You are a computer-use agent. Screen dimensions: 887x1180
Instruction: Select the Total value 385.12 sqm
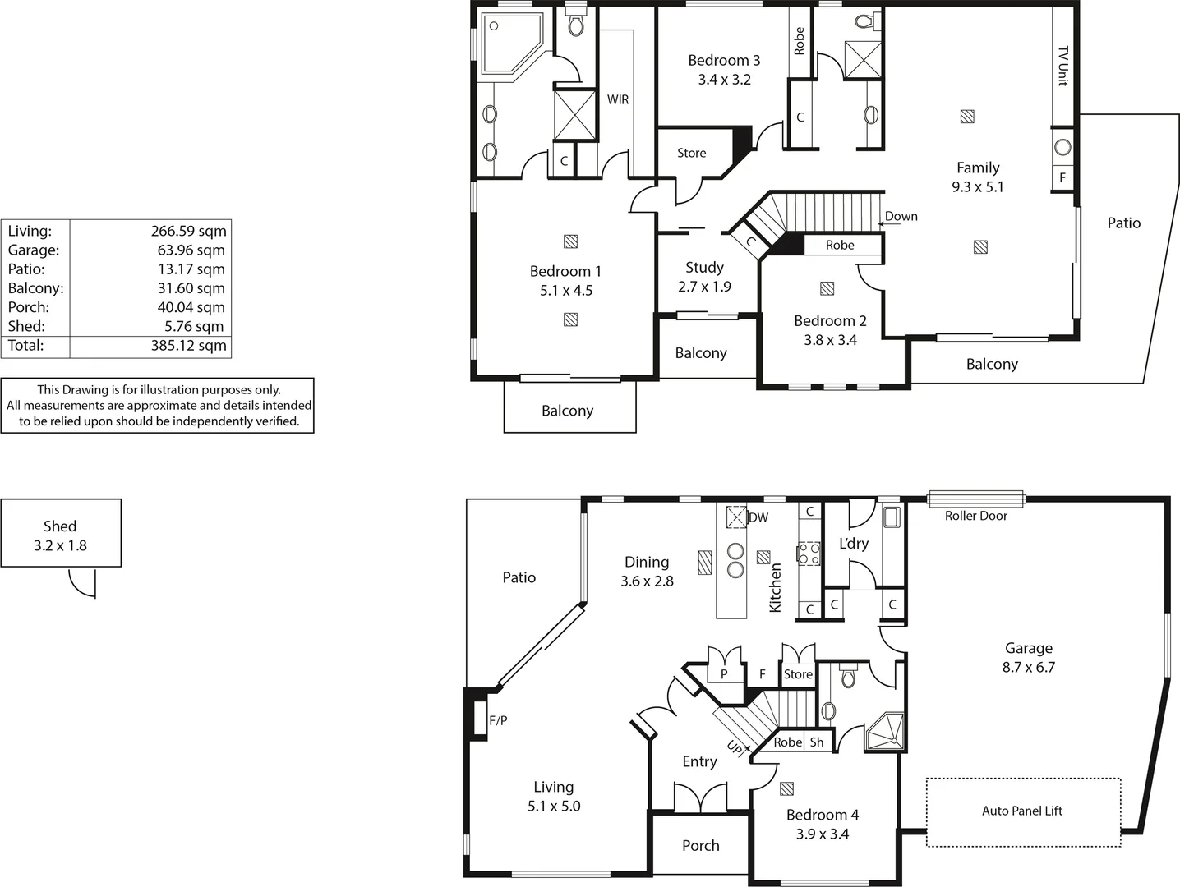(x=188, y=346)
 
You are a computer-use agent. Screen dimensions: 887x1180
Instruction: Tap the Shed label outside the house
(x=60, y=526)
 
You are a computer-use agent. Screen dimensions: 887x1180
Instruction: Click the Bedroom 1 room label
(x=565, y=272)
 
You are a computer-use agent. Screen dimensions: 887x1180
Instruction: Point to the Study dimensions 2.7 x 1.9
(x=704, y=287)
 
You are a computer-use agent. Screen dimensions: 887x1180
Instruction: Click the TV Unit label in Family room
(x=1062, y=65)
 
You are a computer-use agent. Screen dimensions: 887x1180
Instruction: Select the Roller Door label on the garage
(x=975, y=516)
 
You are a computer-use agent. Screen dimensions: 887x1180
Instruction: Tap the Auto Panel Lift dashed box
(x=1023, y=811)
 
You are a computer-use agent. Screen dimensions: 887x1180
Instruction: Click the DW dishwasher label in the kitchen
(x=758, y=517)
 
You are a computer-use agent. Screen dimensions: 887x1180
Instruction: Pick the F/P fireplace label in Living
(x=498, y=721)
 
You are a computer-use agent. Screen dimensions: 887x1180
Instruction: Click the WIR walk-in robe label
(x=618, y=99)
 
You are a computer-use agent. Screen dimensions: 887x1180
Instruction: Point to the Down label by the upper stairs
(x=901, y=217)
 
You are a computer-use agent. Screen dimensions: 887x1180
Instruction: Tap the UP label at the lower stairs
(x=735, y=747)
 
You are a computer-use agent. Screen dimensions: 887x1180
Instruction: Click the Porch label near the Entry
(x=700, y=846)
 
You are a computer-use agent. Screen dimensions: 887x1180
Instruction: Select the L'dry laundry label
(x=853, y=544)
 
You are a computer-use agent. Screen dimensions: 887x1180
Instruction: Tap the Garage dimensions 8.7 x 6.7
(x=1028, y=668)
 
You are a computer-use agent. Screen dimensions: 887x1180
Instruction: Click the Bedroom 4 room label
(x=822, y=815)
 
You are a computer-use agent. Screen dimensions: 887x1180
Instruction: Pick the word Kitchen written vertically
(x=775, y=587)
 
